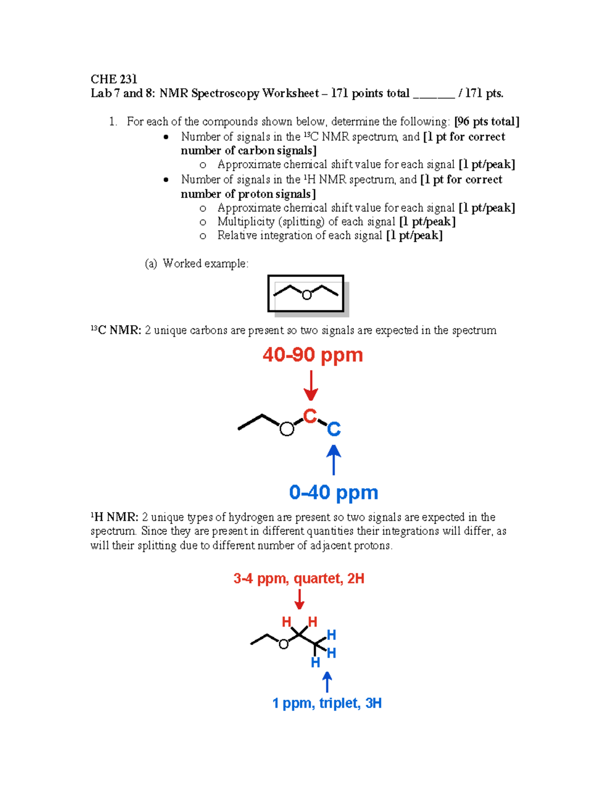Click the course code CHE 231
(x=113, y=79)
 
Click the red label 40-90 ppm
(x=313, y=355)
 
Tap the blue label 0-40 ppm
(x=334, y=493)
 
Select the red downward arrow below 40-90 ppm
(x=311, y=386)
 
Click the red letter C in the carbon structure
(x=310, y=416)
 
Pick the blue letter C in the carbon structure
(x=334, y=429)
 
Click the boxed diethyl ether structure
(x=306, y=294)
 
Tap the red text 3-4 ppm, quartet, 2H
(x=299, y=579)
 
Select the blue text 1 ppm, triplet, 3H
(x=327, y=703)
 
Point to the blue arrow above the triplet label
(x=327, y=682)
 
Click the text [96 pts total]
(x=487, y=122)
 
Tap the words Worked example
(x=205, y=264)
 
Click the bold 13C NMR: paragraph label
(x=115, y=331)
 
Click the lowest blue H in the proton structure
(x=315, y=663)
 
